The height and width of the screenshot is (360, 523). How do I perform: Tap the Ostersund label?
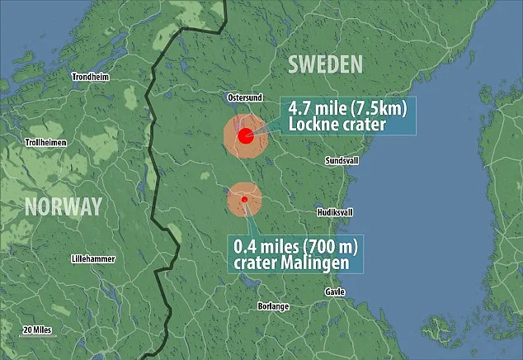(x=244, y=97)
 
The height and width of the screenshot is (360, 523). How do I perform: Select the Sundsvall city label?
(x=342, y=159)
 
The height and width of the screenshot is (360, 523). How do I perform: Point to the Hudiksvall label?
(x=335, y=212)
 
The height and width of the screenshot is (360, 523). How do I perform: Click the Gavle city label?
(x=335, y=291)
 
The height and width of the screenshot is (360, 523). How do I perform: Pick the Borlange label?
(x=273, y=306)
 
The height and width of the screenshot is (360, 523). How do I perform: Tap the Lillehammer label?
(x=94, y=258)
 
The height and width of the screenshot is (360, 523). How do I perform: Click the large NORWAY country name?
(x=63, y=206)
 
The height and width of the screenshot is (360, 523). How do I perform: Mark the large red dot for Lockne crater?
(x=245, y=136)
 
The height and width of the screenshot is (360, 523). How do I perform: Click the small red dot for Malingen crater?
(x=244, y=199)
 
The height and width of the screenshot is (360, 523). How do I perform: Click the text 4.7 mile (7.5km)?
(x=346, y=108)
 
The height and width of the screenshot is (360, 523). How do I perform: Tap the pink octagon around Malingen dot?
(x=234, y=206)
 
